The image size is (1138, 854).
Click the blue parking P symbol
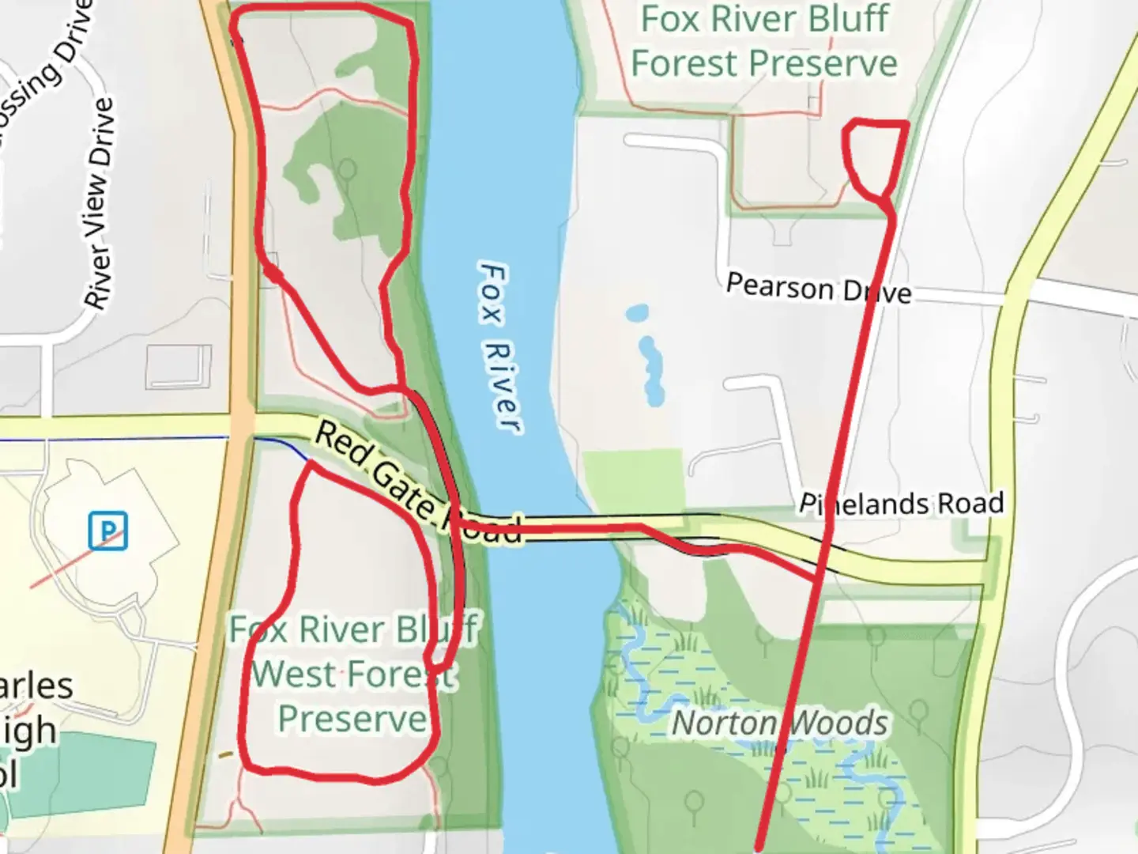[107, 531]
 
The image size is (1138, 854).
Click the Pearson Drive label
[818, 288]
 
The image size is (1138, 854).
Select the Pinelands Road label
[901, 504]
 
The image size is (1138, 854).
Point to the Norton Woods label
[779, 723]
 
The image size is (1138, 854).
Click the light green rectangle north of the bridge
[633, 482]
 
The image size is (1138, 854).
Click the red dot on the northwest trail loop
[273, 273]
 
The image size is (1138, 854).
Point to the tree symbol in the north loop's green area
[346, 170]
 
